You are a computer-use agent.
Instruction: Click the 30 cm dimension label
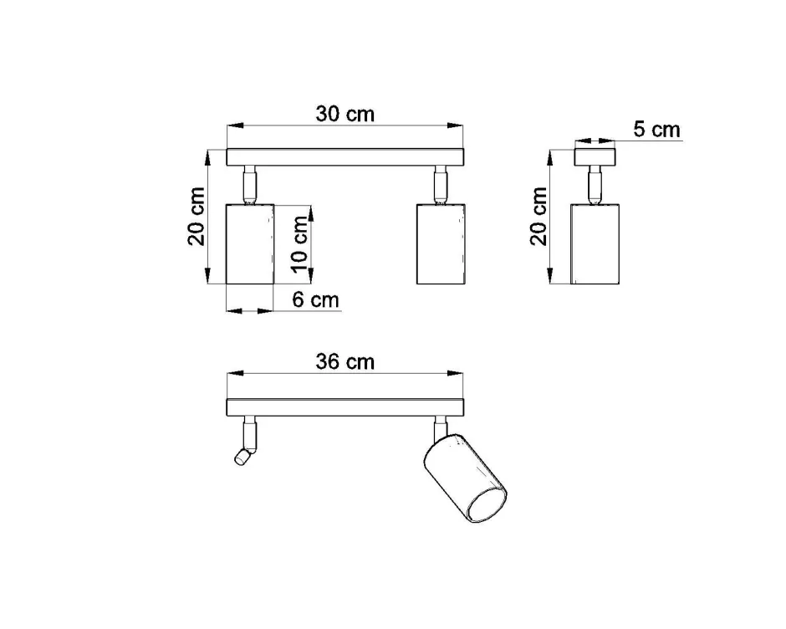tap(345, 114)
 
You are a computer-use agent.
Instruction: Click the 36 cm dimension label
tap(345, 361)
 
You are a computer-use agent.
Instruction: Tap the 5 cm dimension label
tap(656, 130)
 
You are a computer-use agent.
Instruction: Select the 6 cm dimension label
tap(315, 300)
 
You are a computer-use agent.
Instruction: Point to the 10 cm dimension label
tap(299, 243)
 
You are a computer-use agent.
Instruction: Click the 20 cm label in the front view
tap(196, 217)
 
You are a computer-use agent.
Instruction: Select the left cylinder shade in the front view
tap(250, 243)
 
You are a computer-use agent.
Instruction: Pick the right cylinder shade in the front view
tap(440, 243)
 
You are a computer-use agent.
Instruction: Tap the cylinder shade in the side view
tap(595, 243)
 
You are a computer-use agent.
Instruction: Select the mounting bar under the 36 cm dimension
tap(345, 407)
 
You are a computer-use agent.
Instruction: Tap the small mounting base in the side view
tap(595, 156)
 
